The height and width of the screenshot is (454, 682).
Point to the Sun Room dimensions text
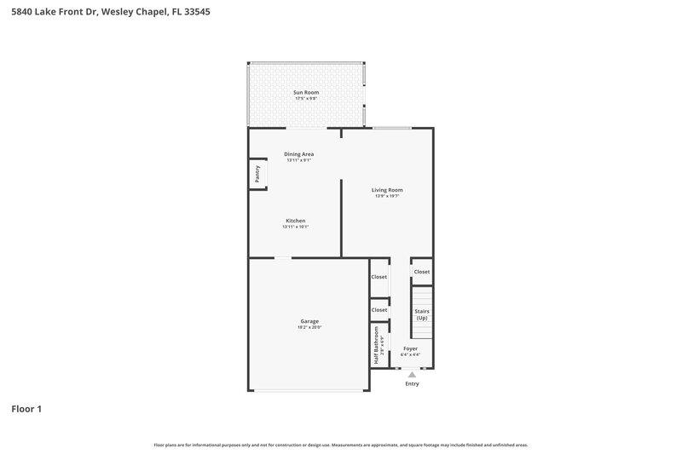305,98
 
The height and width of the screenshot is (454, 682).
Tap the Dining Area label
299,154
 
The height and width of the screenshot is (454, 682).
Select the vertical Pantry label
257,174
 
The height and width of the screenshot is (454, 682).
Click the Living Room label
387,190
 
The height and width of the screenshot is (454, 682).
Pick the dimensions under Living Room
387,197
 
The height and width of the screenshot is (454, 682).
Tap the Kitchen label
295,221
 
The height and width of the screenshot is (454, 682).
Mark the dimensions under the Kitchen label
295,227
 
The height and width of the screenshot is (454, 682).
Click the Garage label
309,321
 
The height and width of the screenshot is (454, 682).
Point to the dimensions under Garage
309,328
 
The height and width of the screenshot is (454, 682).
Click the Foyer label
410,348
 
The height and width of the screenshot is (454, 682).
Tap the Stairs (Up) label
422,314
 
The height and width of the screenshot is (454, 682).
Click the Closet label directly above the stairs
422,272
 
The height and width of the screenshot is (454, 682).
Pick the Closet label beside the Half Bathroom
379,310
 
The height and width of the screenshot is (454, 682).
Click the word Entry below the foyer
413,384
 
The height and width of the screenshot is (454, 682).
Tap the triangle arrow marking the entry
413,374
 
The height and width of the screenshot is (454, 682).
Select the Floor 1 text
26,409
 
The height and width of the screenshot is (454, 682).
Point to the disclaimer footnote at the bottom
341,445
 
